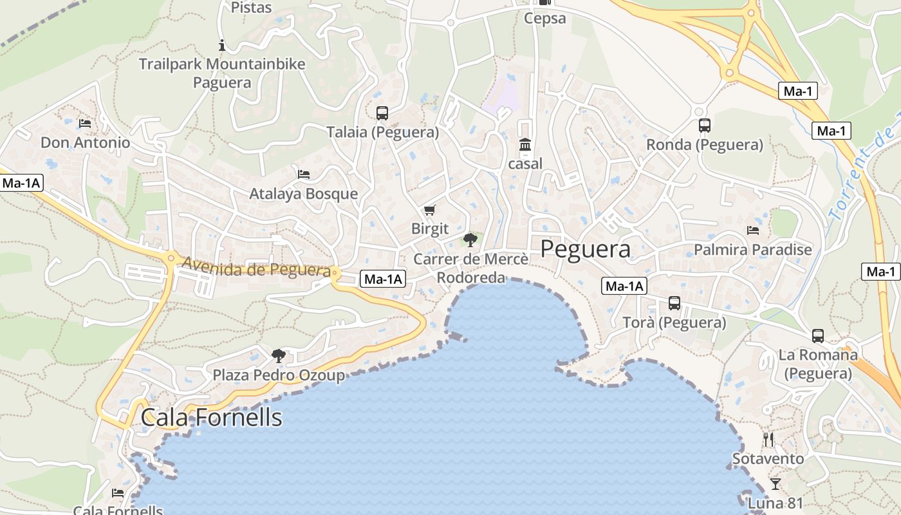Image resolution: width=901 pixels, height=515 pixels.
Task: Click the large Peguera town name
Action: point(585,248)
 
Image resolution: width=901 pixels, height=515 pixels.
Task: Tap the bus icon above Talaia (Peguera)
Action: point(382,113)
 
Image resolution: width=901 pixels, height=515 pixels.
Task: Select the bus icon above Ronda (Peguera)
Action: point(705,126)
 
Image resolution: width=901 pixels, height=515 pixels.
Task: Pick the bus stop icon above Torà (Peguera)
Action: point(674,303)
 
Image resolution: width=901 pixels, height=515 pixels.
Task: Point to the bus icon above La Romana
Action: point(818,335)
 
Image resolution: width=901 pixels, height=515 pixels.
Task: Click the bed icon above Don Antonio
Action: point(85,123)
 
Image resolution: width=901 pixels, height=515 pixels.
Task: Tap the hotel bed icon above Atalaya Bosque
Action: point(304,174)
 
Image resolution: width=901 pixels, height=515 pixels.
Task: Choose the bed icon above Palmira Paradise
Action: point(753,230)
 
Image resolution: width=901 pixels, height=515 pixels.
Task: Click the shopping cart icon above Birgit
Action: point(430,210)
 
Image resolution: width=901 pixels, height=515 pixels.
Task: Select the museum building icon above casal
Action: point(525,145)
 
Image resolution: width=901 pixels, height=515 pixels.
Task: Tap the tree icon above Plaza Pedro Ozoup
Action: point(279,355)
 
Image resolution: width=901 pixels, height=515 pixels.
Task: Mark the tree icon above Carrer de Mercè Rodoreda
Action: point(470,240)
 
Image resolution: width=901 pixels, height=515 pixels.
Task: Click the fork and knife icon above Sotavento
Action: point(768,440)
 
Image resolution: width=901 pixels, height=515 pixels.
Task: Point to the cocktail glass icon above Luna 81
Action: point(776,483)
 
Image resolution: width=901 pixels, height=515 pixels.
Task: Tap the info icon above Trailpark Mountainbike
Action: point(222,45)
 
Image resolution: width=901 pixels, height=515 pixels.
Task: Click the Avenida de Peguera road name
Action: point(256,267)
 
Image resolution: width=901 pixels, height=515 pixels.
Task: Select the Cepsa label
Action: point(545,18)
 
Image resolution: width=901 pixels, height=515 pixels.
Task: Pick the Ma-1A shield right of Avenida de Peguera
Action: point(383,279)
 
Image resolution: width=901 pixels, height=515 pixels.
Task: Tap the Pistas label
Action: point(251,8)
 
